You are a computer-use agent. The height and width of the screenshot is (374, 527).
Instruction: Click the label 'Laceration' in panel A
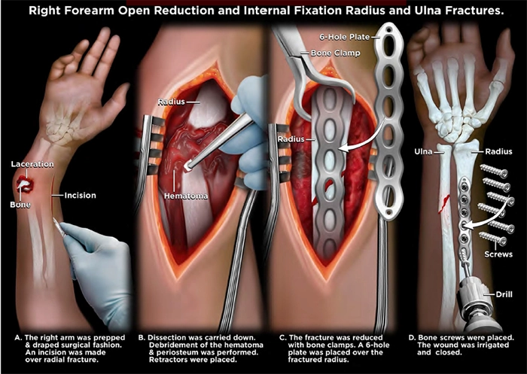(x=32, y=163)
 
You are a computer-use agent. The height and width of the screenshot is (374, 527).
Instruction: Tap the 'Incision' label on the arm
(x=79, y=196)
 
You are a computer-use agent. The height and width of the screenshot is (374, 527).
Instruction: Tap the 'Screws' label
(x=499, y=254)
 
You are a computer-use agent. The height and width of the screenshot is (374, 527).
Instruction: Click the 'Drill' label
(x=503, y=293)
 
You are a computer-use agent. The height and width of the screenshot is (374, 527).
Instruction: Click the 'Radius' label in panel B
(x=172, y=102)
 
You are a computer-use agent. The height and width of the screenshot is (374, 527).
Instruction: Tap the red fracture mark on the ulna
(x=446, y=201)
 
